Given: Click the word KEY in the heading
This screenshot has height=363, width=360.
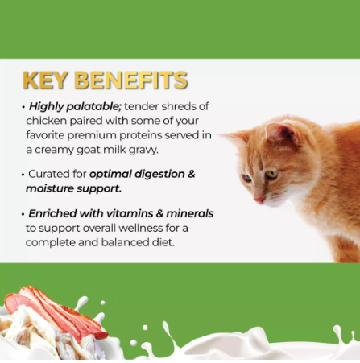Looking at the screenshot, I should [x=45, y=80].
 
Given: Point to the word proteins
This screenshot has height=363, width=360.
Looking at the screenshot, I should [x=157, y=134].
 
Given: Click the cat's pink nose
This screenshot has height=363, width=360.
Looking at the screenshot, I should [x=259, y=198].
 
